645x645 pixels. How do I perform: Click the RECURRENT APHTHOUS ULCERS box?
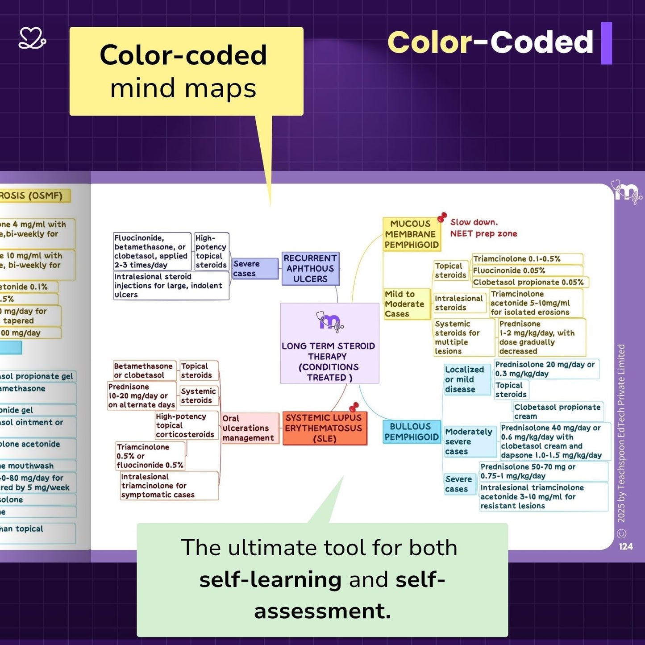(310, 269)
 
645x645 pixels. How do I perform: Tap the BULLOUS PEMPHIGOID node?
(412, 432)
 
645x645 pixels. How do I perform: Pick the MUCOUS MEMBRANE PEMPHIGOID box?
(412, 234)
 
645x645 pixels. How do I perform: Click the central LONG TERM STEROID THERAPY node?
(329, 343)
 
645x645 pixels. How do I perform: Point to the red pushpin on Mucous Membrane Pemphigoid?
(442, 217)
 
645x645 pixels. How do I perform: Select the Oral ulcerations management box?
(248, 429)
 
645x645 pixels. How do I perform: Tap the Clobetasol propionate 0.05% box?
(528, 282)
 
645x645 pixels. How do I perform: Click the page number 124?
(626, 546)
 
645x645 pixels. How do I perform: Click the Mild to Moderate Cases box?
(405, 304)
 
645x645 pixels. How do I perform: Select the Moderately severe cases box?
(468, 441)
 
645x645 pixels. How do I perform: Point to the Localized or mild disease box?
(465, 379)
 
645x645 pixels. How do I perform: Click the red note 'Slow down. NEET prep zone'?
(483, 228)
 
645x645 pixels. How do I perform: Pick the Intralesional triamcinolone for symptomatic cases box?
(158, 486)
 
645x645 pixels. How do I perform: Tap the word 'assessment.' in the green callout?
(322, 611)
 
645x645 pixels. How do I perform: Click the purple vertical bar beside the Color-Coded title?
(606, 43)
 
